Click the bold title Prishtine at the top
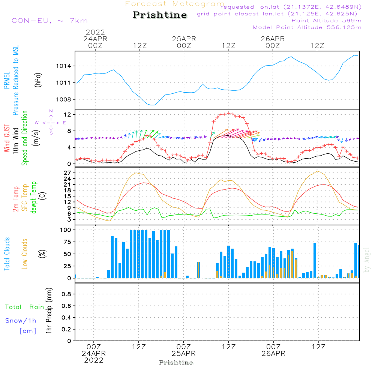click(x=160, y=15)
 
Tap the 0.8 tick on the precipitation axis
click(x=67, y=294)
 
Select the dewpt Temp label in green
click(x=34, y=198)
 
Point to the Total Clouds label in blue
click(x=7, y=254)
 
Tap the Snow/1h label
click(x=21, y=321)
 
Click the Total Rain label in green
click(x=24, y=307)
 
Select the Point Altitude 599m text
click(x=326, y=21)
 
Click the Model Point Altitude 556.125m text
click(x=307, y=27)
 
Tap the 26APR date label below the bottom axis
click(x=273, y=354)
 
